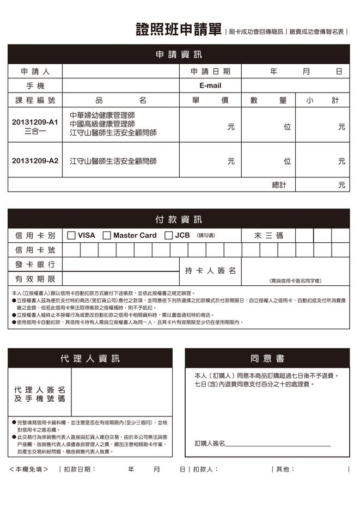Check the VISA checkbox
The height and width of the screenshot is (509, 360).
point(71,236)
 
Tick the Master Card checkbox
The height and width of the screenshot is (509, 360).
point(107,236)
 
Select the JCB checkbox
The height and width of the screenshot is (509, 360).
point(168,236)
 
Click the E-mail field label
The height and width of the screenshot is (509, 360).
point(210,86)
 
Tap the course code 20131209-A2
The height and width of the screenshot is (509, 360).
point(35,161)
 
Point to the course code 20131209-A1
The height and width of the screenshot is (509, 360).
point(35,122)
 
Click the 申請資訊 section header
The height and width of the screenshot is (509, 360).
point(179,55)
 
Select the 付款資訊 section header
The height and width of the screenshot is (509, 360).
point(179,220)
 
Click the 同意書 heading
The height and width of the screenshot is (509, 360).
point(267,359)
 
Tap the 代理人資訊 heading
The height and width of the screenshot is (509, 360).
point(90,359)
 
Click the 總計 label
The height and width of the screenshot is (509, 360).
point(279,185)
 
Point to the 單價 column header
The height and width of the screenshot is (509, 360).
point(210,100)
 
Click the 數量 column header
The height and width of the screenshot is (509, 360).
point(269,100)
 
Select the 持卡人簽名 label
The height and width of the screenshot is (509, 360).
point(210,271)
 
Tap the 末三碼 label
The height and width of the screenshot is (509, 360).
point(269,236)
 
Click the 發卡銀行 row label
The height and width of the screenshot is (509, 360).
point(35,264)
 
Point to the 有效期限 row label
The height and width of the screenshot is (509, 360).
point(35,279)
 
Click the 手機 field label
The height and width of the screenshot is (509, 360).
point(35,86)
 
